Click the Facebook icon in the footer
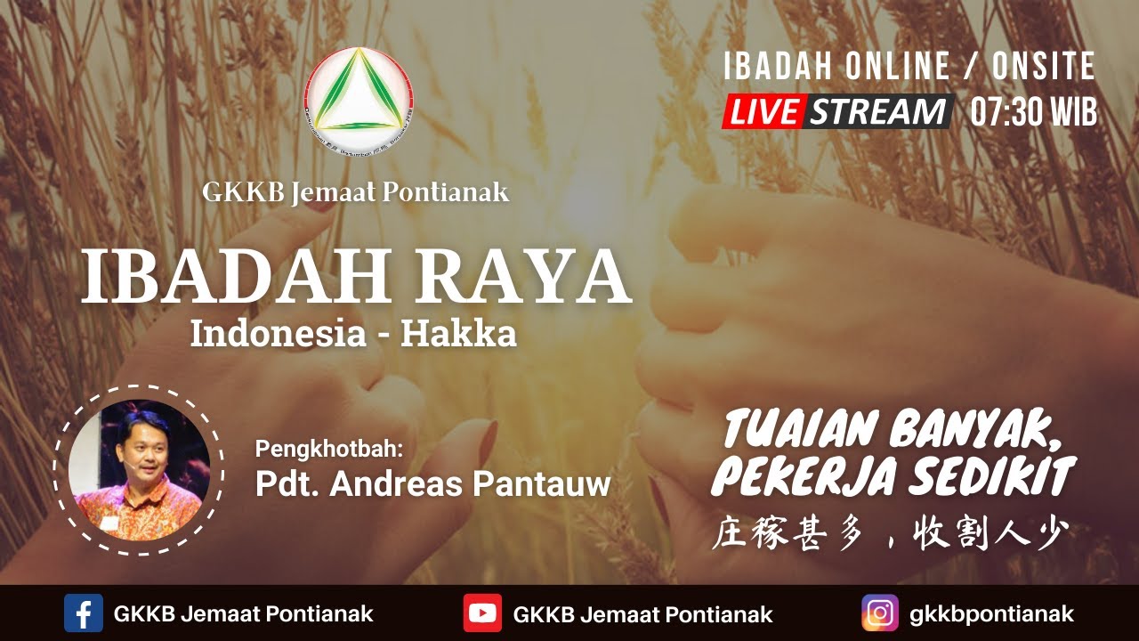click(83, 613)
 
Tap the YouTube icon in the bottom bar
click(482, 613)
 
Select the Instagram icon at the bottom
click(880, 613)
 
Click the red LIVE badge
click(764, 112)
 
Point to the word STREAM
click(877, 112)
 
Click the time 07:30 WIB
click(1033, 112)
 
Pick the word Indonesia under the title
click(266, 334)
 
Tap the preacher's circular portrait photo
click(139, 470)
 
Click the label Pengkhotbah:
click(329, 448)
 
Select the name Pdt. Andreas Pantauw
click(432, 483)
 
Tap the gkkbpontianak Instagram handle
click(991, 613)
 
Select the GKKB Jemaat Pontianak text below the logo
click(356, 192)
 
